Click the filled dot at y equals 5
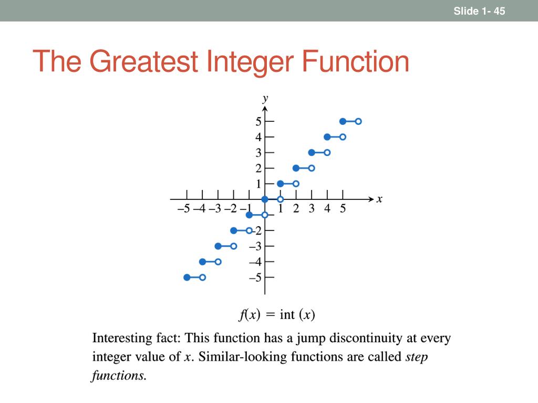[x=343, y=121]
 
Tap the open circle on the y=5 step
[x=358, y=121]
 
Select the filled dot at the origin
[x=265, y=199]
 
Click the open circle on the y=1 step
[x=296, y=184]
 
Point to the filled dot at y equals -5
[x=187, y=277]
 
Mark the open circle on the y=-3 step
[x=234, y=246]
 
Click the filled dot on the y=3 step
[x=312, y=153]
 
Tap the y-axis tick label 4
[x=258, y=137]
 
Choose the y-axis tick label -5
[x=255, y=278]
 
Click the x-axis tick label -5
[x=184, y=209]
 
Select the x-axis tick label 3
[x=312, y=209]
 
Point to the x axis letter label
[x=379, y=199]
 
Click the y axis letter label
[x=266, y=98]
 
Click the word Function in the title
[x=355, y=61]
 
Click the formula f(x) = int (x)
[x=277, y=315]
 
